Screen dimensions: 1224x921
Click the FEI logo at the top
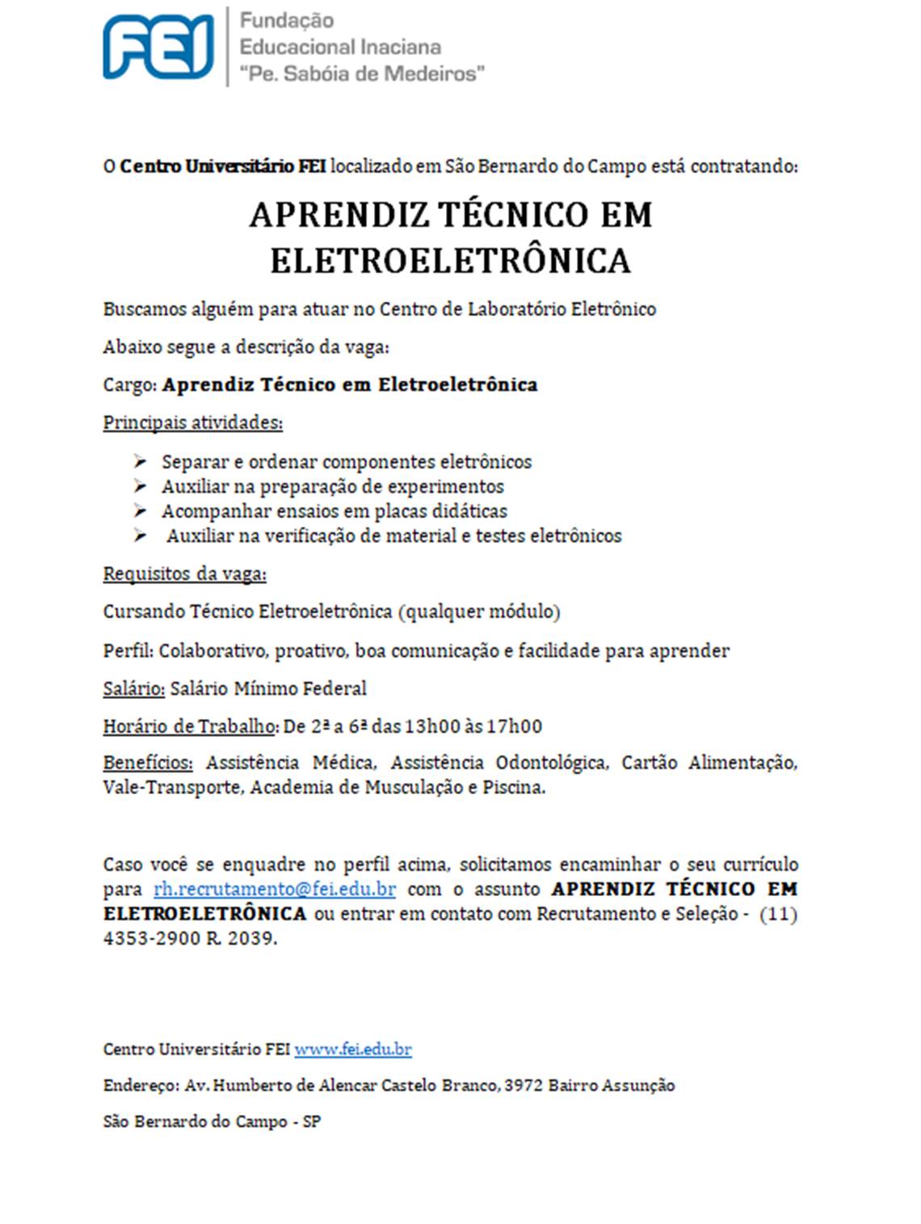158,47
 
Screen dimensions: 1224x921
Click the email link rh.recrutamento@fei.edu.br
274,890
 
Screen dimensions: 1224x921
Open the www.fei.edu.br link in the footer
352,1049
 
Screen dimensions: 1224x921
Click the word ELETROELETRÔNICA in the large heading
450,261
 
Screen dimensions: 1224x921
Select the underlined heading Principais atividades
192,423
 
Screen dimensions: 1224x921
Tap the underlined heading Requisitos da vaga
184,574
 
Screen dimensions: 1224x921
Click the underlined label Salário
133,689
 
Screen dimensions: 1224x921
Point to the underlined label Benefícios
148,763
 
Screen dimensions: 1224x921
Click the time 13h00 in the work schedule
433,726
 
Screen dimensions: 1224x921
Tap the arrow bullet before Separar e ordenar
141,461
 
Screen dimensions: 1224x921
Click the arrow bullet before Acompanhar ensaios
141,511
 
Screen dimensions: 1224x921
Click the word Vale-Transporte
172,788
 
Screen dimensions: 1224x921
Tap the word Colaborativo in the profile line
213,651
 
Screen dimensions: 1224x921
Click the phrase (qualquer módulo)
479,612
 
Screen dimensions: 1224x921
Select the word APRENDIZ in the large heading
339,215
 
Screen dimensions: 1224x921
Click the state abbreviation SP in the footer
312,1122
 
